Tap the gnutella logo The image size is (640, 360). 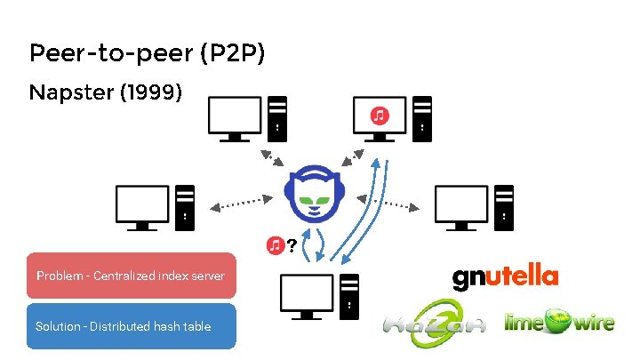tap(505, 276)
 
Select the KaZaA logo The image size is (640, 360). tap(435, 322)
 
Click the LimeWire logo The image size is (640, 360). tap(558, 321)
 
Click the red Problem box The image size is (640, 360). tap(131, 276)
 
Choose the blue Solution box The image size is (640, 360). tap(131, 326)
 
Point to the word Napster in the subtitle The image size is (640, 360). tap(69, 92)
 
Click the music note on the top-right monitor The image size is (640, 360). tap(380, 115)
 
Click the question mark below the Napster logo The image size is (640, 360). tap(292, 243)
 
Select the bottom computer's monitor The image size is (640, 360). tap(307, 294)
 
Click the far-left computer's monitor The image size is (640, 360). tap(143, 205)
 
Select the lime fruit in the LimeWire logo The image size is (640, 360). tap(556, 321)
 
